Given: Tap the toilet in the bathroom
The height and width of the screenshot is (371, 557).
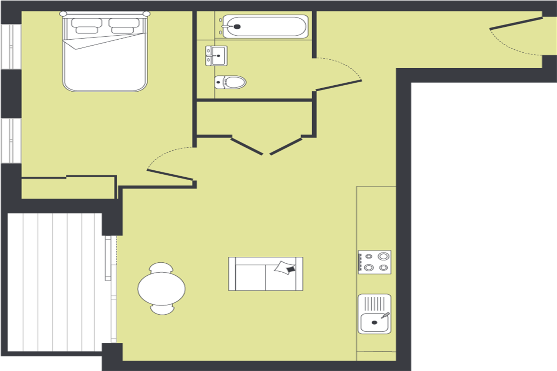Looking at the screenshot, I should coord(231,82).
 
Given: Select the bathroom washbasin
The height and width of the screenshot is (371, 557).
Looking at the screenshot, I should coord(216,56).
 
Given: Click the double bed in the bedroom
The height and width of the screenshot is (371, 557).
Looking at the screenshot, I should coord(105,59).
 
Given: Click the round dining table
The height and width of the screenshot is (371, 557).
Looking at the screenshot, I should coord(162,289).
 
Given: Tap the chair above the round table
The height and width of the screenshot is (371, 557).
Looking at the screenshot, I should coord(161,267).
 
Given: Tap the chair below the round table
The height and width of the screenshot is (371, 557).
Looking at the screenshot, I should coord(162,309).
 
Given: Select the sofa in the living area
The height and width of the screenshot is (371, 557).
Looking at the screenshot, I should coord(266,274).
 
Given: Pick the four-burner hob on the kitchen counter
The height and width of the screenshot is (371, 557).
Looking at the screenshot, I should coord(374,262).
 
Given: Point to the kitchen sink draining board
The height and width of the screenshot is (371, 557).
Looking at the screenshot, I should coord(374,303).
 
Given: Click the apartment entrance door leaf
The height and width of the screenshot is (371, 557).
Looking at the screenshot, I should coord(516,23).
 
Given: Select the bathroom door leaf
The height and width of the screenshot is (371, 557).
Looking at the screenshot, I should coord(338,85).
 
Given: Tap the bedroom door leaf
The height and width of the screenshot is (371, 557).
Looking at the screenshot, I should coord(170,175).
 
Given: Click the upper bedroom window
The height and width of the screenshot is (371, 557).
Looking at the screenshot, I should coord(10,47).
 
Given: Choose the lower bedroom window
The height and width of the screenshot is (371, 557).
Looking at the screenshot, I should coord(10,141).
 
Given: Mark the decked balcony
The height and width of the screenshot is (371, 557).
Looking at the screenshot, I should coord(55,282).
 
